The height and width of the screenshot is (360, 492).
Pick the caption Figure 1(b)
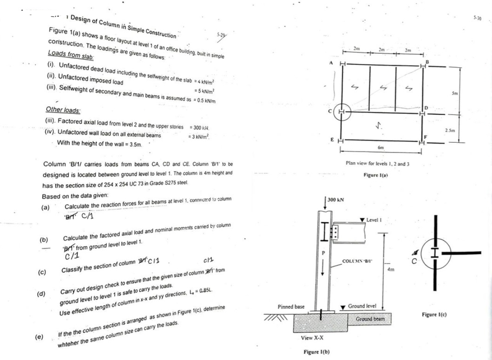317,352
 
